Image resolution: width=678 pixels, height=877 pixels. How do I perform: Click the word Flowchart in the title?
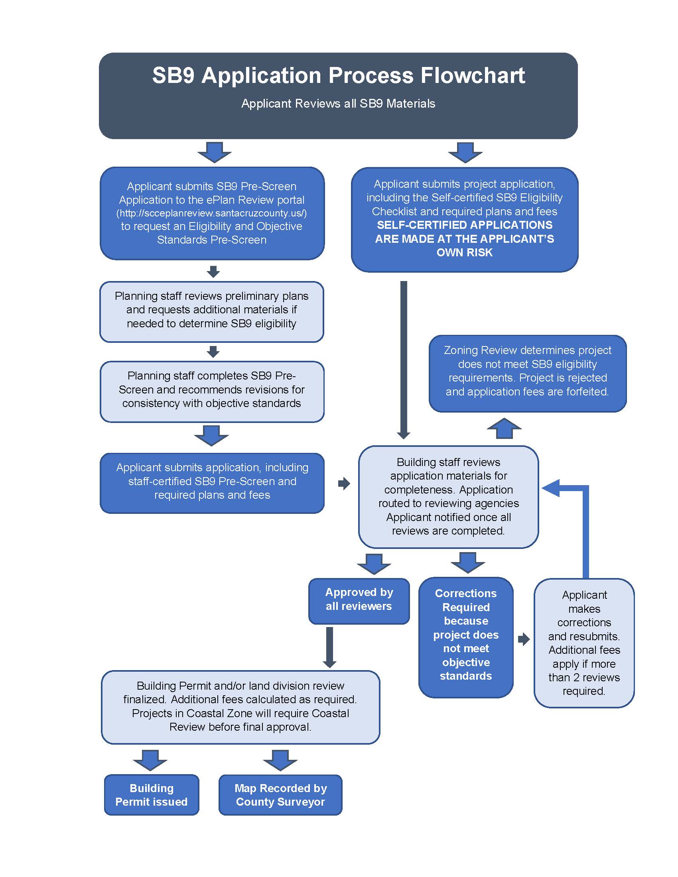[x=472, y=75]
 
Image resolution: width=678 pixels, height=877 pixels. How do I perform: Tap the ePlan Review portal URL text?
[x=212, y=213]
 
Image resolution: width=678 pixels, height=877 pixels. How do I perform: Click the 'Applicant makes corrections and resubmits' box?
[x=584, y=643]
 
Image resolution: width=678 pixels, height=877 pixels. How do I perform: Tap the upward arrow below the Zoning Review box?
[x=504, y=429]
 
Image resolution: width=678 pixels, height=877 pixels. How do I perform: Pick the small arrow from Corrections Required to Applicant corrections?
[x=524, y=639]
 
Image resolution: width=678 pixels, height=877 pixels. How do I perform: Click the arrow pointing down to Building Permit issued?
[x=150, y=760]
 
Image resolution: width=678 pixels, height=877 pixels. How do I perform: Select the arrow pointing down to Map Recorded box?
[x=280, y=760]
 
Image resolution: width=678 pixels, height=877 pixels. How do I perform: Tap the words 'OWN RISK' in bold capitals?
[x=464, y=253]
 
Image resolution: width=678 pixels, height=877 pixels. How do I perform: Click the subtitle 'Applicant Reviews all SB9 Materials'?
[x=338, y=104]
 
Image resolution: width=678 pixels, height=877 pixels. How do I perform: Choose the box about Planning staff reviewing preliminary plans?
[x=212, y=310]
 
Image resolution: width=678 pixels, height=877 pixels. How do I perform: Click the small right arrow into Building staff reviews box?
[x=344, y=483]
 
